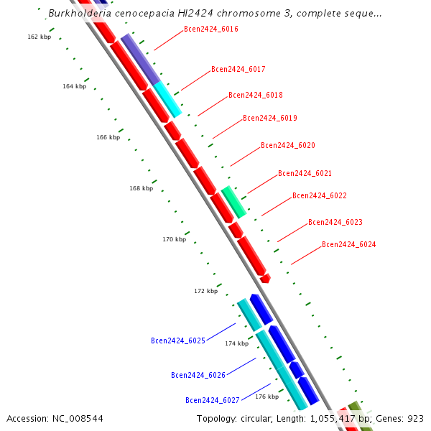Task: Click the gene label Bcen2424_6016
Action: pos(210,29)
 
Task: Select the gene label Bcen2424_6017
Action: pos(238,70)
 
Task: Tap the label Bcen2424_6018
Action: pos(255,95)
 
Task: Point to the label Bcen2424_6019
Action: pos(269,118)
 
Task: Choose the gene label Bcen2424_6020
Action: pos(287,145)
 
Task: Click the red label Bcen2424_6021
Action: pos(305,173)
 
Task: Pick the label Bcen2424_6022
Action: pos(319,195)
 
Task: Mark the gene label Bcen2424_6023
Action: pos(335,222)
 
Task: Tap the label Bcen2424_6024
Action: pos(348,244)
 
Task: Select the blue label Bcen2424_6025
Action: pos(178,340)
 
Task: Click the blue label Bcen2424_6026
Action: pos(198,375)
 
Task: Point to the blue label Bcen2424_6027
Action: pos(213,400)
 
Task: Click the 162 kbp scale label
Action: pos(39,37)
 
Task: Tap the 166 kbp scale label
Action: pos(108,137)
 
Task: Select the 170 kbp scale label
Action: pos(174,239)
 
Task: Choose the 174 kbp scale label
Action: pos(236,343)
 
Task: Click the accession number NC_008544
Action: pos(55,418)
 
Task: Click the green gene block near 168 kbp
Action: pos(233,202)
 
